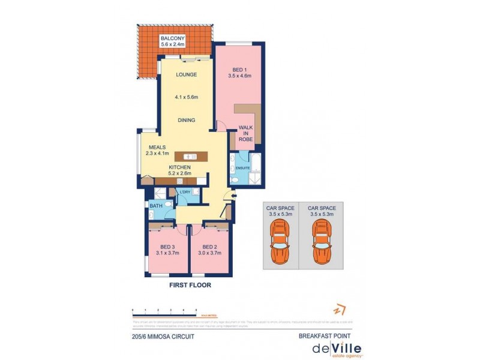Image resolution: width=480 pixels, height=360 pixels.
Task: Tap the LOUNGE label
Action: (187, 75)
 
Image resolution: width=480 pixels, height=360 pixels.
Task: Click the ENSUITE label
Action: (242, 167)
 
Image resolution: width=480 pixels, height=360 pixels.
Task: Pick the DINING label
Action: (187, 120)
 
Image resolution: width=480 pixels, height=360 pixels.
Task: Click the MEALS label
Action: (158, 146)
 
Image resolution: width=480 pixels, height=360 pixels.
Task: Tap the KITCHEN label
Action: (179, 167)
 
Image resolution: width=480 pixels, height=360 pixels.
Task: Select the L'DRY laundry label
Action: (185, 191)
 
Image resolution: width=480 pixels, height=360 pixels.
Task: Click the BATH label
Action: (155, 206)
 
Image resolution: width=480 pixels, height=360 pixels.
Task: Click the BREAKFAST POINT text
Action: (323, 337)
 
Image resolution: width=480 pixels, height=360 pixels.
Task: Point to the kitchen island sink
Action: (186, 157)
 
